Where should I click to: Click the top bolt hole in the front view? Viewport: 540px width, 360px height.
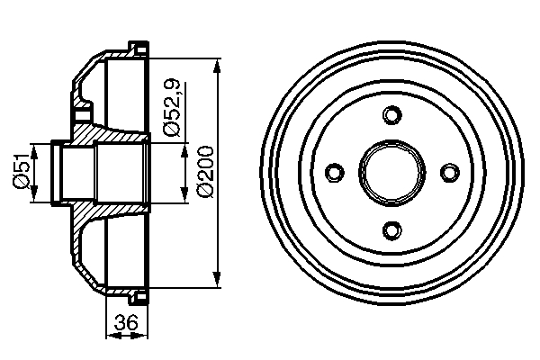(x=391, y=115)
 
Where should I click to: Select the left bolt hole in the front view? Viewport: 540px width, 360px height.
(x=334, y=172)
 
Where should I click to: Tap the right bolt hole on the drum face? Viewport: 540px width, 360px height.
(x=447, y=172)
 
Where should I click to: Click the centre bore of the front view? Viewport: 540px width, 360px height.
(x=391, y=172)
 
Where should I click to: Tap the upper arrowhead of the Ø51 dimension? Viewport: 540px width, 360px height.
(x=33, y=146)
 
